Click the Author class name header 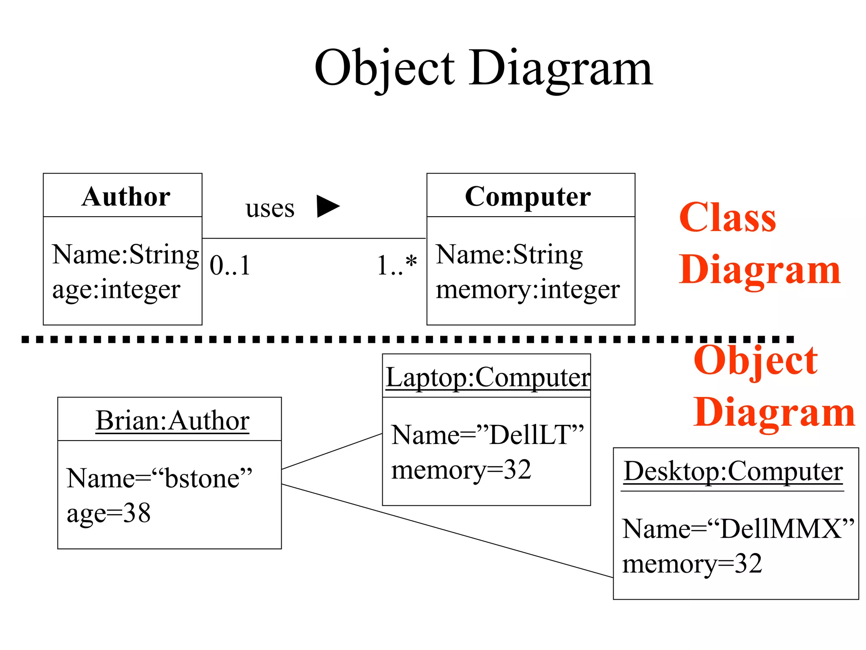point(126,197)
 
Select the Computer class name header point(528,197)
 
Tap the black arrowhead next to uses point(328,206)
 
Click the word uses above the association point(270,209)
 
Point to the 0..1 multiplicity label point(230,266)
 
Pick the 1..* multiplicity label point(397,266)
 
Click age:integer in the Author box point(116,290)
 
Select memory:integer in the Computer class point(528,290)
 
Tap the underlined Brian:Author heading point(173,421)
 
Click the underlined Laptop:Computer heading point(487,377)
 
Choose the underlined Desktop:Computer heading point(733,471)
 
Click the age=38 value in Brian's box point(109,514)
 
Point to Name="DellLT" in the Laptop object point(487,435)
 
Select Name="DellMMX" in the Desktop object point(738,529)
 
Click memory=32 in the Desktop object point(692,564)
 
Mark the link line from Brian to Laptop point(332,451)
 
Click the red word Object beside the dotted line point(756,361)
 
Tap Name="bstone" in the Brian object point(159,479)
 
